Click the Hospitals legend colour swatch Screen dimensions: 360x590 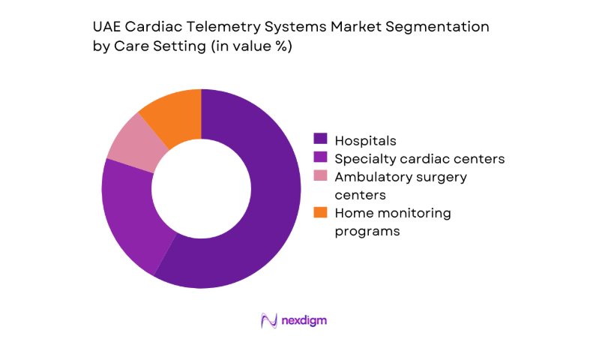tap(320, 139)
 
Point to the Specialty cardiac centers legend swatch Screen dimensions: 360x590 tap(320, 158)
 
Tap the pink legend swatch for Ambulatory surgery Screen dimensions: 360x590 tap(320, 177)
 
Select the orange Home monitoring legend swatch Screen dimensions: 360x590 tap(320, 213)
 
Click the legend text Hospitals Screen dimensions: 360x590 tap(365, 139)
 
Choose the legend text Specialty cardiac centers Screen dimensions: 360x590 tap(419, 158)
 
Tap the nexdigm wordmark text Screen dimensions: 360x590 tap(304, 320)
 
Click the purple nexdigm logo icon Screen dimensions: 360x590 tap(269, 320)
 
